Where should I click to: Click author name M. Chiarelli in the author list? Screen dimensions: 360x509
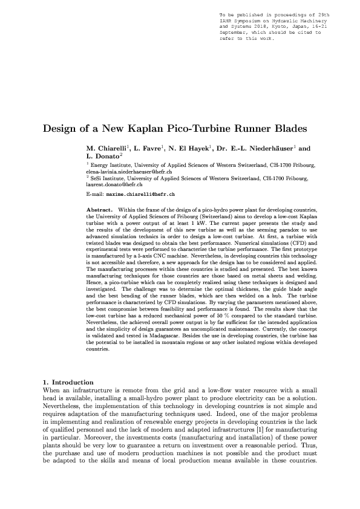coord(108,148)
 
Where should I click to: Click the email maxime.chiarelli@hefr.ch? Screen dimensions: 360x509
coord(140,196)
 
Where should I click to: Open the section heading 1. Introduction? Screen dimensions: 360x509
coord(68,382)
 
